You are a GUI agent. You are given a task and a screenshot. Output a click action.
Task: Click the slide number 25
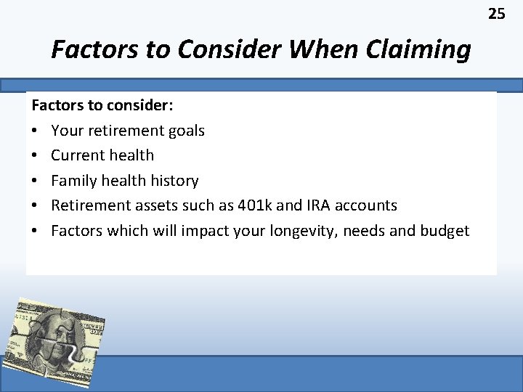496,14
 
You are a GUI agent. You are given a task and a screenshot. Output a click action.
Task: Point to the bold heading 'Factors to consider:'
102,105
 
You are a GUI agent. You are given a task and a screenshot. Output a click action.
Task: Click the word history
174,180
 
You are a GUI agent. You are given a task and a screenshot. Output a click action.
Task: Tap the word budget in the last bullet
445,231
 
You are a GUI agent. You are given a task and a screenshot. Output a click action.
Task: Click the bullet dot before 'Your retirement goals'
35,131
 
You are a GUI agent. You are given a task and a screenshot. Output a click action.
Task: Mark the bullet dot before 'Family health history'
35,181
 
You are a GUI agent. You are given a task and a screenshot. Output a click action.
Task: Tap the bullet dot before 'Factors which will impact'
35,231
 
